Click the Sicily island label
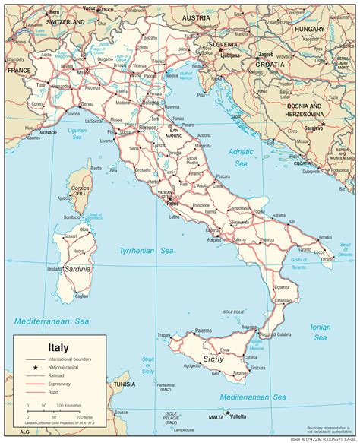[x=213, y=359]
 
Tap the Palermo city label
[x=203, y=331]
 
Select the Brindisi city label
[x=326, y=237]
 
